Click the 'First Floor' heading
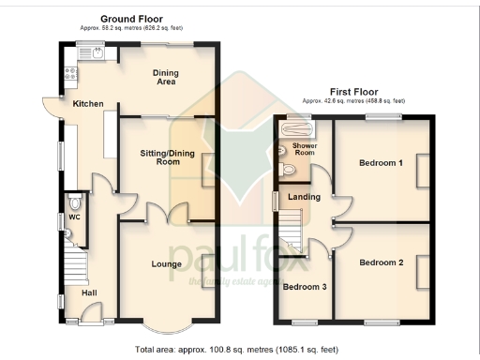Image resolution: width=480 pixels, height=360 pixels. click(353, 91)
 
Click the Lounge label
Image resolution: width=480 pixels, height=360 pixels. click(167, 263)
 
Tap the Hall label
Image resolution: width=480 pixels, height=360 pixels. click(90, 293)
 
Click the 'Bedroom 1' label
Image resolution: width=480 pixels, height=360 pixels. click(381, 163)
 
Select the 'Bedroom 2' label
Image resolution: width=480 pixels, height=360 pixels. click(381, 263)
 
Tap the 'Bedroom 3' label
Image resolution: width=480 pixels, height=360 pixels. click(305, 287)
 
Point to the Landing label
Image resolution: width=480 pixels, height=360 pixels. click(305, 197)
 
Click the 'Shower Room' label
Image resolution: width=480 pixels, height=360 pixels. click(305, 149)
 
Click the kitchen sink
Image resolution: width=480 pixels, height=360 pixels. click(98, 52)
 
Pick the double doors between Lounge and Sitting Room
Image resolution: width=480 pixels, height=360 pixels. click(167, 215)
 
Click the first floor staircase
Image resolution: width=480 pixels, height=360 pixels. click(292, 230)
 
